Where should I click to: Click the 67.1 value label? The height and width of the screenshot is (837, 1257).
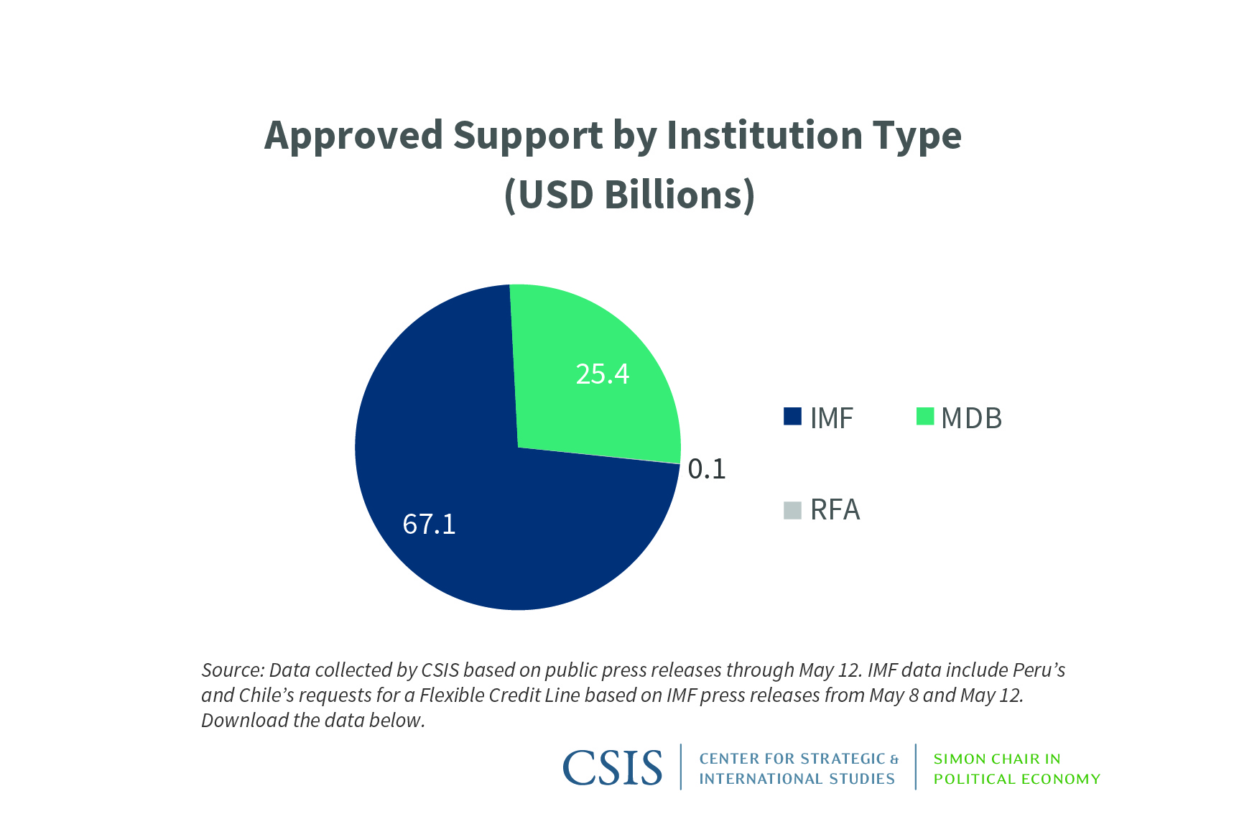[x=429, y=524]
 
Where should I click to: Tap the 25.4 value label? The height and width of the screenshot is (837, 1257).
[x=602, y=374]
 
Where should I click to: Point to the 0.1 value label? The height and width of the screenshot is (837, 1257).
[x=707, y=468]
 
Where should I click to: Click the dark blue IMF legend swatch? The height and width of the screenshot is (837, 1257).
[x=792, y=417]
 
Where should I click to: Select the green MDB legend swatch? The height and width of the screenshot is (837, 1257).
[x=924, y=417]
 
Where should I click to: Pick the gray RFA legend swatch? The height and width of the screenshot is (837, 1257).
[x=792, y=510]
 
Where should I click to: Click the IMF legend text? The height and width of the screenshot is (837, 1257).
[x=831, y=418]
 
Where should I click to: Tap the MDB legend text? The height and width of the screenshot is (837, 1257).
[x=971, y=418]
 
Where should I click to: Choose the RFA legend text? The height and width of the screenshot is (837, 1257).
[x=835, y=510]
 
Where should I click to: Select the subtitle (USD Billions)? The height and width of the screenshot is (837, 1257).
[x=629, y=195]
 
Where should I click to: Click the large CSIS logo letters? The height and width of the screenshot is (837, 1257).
[x=612, y=768]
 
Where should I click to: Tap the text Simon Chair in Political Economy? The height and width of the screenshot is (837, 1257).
[x=1016, y=769]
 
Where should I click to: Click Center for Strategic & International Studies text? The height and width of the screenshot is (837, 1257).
[x=798, y=769]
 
